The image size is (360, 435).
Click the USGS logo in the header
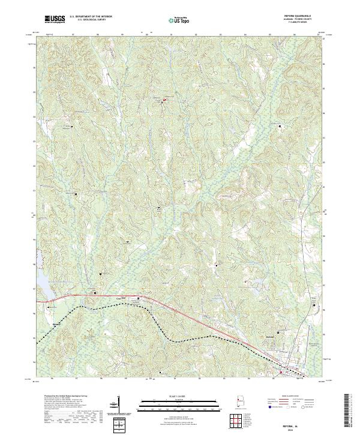(55, 19)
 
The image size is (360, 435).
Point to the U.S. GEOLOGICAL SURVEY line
(91, 20)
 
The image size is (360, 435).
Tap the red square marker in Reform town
(281, 370)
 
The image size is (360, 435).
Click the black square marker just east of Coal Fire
(140, 298)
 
